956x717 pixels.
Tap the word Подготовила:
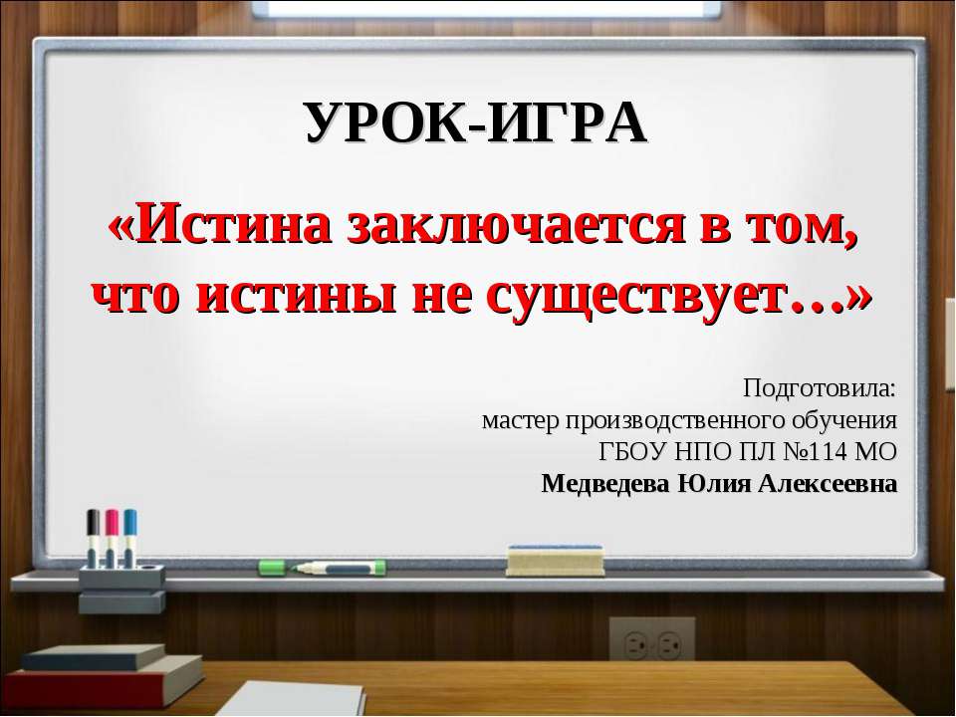pos(819,385)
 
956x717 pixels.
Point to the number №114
pos(801,451)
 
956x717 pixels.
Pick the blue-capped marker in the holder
pos(130,538)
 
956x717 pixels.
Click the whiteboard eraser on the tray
pos(555,560)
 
